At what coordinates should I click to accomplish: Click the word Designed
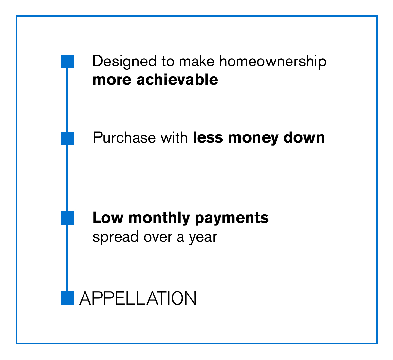[x=124, y=62]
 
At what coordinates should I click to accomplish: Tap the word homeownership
[x=273, y=62]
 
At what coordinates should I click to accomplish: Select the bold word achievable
[x=177, y=80]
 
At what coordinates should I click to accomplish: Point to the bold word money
[x=253, y=139]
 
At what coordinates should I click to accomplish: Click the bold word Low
[x=108, y=218]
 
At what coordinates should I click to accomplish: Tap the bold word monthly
[x=159, y=218]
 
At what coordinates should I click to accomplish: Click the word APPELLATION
[x=138, y=298]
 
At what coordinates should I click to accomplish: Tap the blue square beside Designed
[x=67, y=61]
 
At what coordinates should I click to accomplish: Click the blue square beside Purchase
[x=67, y=138]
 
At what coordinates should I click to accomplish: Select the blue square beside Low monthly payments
[x=67, y=218]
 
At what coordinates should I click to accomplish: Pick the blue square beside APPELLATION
[x=67, y=298]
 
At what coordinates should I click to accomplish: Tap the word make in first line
[x=197, y=62]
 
